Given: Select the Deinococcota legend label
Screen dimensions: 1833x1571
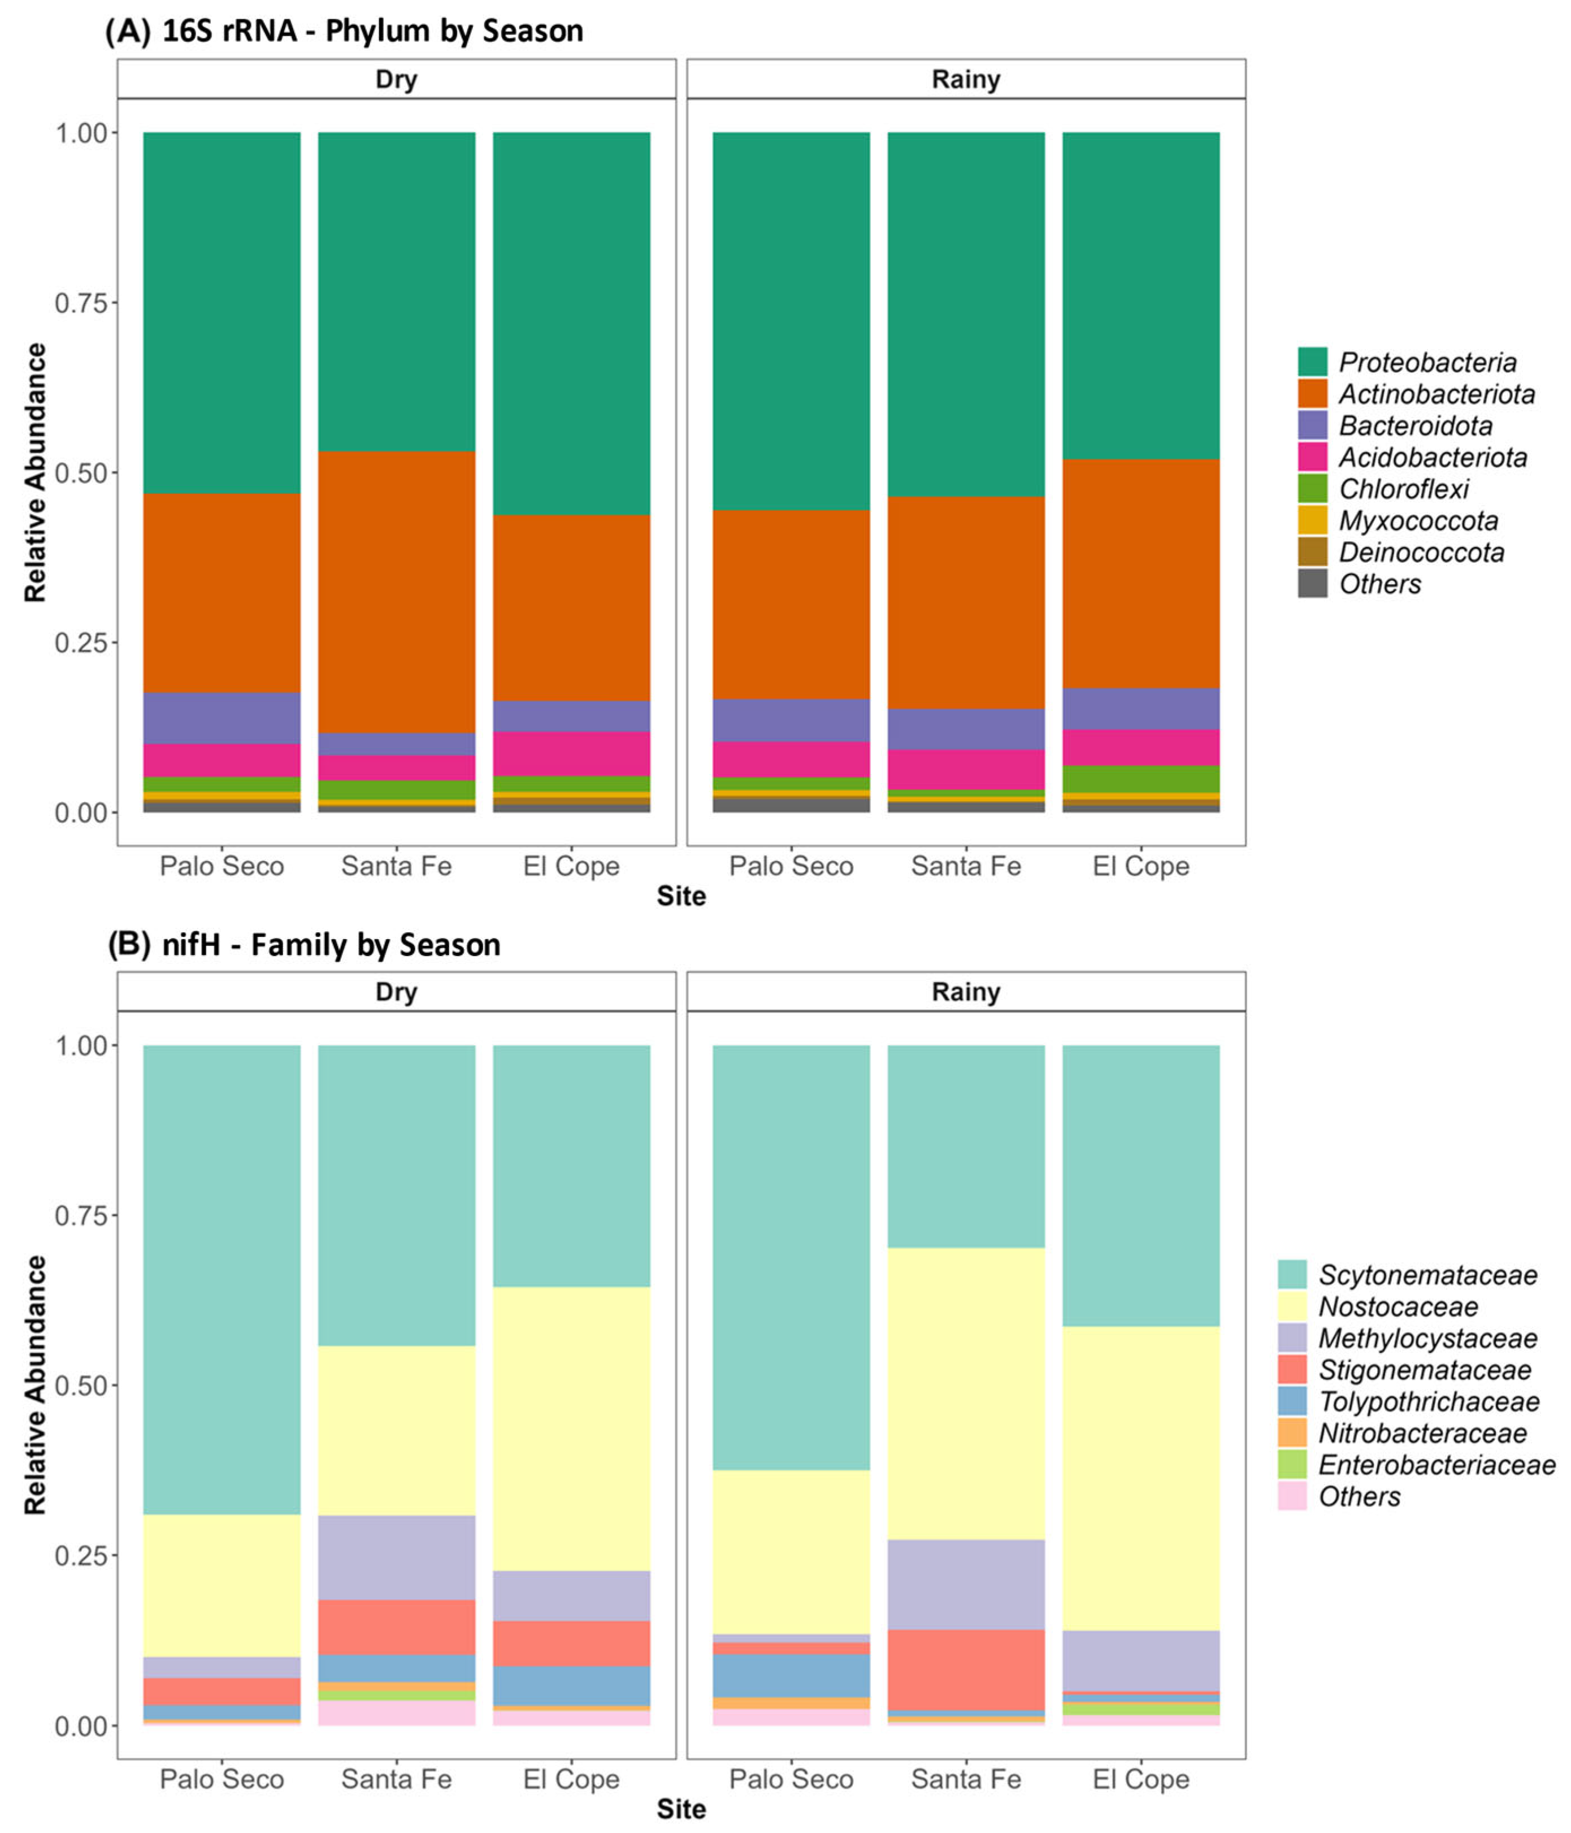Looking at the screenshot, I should pos(1421,553).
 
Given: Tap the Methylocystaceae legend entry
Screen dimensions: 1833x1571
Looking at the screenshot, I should pos(1427,1339).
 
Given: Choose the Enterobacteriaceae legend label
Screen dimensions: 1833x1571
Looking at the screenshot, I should pos(1437,1465).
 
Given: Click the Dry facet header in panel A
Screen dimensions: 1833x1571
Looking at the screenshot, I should pos(396,80).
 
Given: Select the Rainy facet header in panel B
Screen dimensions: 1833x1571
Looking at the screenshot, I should pos(965,992).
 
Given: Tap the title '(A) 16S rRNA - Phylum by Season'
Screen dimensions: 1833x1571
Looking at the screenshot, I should pos(344,31).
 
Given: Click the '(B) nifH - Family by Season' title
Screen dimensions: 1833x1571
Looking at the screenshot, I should pos(303,945).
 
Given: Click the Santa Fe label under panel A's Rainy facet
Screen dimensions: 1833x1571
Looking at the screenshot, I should pos(965,866).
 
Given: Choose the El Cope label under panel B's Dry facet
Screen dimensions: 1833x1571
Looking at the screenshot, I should pos(571,1779).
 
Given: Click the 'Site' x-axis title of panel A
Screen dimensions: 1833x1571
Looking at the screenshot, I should pos(680,896).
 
